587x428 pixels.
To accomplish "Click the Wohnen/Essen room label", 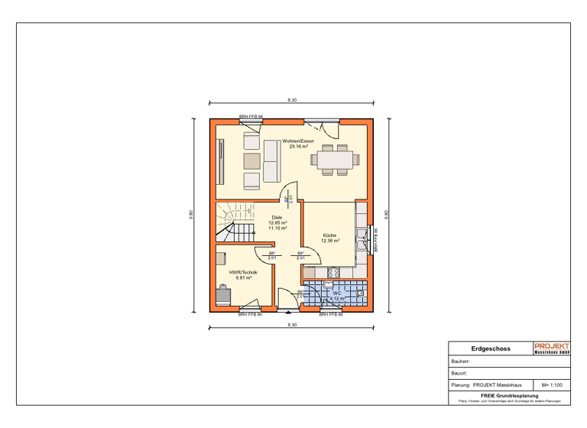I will (298, 141).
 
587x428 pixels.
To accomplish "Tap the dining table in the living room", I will (336, 160).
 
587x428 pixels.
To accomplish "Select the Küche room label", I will (330, 235).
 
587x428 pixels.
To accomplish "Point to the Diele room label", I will (277, 218).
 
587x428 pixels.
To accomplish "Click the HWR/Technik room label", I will (243, 273).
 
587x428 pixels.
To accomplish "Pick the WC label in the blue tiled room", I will (336, 293).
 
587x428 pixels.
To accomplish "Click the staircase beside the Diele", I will (234, 222).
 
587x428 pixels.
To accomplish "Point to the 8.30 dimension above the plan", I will (292, 100).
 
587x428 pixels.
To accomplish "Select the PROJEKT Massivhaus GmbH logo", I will (552, 349).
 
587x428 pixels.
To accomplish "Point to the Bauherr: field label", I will (461, 362).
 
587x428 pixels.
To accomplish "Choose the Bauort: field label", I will (459, 374).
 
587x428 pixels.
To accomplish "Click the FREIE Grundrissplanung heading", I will (510, 395).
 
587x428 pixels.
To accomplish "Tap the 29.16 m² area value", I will (298, 146).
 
